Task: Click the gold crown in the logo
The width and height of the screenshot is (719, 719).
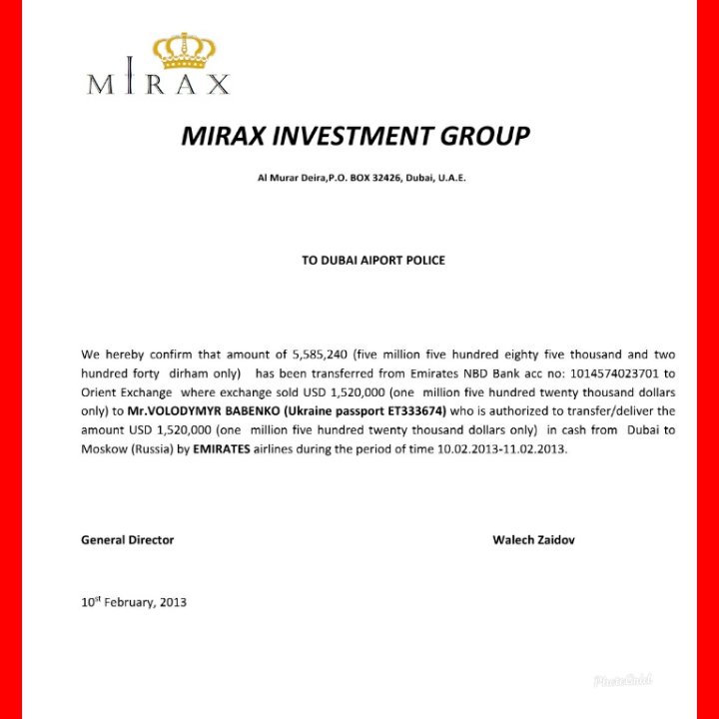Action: point(185,51)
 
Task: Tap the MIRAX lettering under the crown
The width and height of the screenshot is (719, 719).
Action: point(159,84)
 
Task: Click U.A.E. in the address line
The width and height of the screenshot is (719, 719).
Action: point(449,178)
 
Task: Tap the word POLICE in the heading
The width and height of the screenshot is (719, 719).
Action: point(424,260)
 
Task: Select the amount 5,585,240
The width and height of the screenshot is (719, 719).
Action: point(317,355)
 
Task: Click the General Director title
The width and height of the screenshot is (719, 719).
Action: point(127,539)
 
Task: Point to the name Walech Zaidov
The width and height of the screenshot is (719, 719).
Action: point(533,539)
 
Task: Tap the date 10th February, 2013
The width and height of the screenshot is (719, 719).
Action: point(133,602)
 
